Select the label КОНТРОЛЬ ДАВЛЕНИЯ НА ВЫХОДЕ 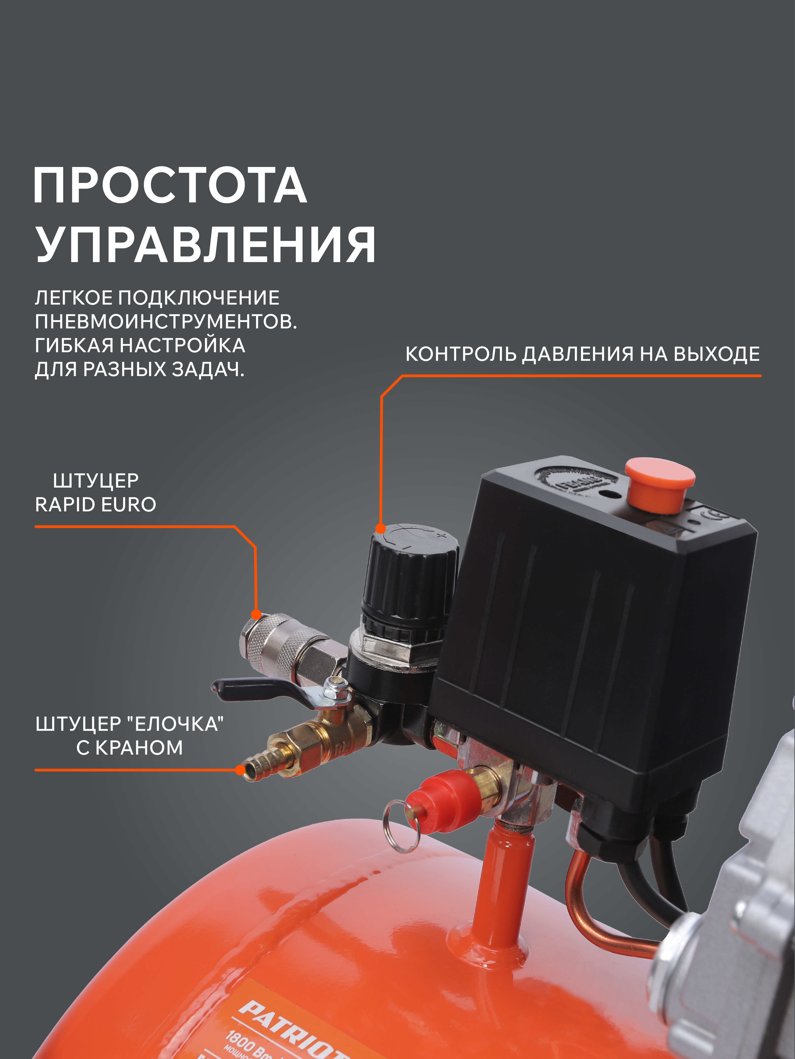(582, 354)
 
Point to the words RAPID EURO (96, 505)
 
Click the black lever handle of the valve (254, 689)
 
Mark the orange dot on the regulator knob (380, 529)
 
